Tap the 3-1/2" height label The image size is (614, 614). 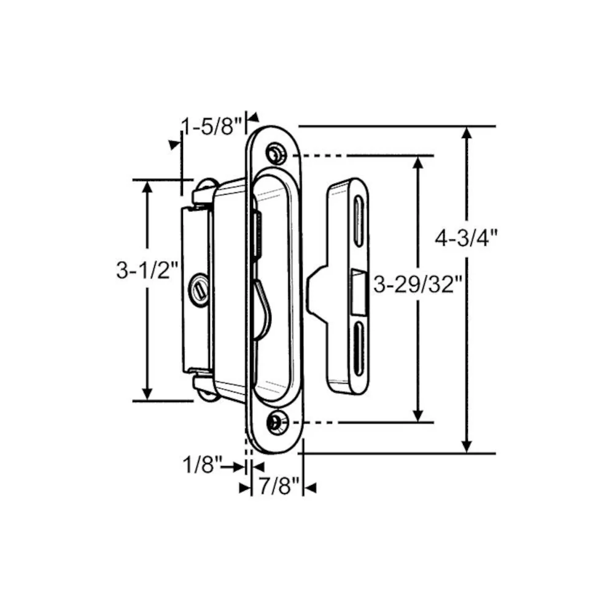[147, 270]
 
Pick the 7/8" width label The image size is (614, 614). [279, 486]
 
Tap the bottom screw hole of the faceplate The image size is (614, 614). [278, 423]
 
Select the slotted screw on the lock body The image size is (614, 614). [200, 290]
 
